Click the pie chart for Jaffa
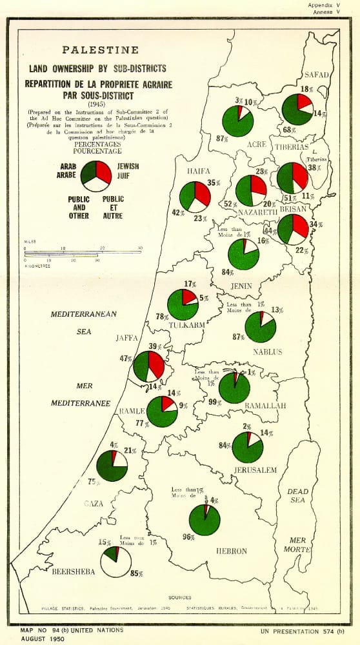click(x=149, y=366)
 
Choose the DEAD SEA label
click(x=297, y=495)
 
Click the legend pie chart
click(x=96, y=175)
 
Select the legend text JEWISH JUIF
click(x=128, y=170)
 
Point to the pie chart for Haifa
click(x=195, y=197)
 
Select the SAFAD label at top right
click(x=317, y=75)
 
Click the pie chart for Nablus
click(x=261, y=327)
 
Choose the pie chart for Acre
click(x=237, y=121)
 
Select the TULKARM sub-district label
click(x=187, y=324)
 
